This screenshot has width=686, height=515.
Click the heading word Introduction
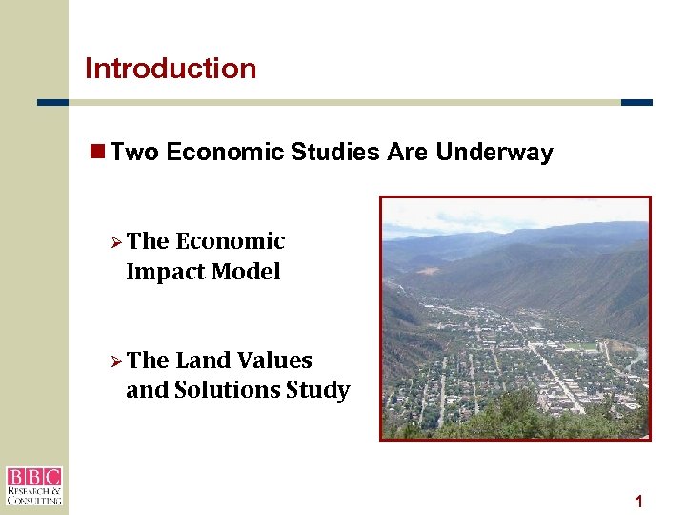(x=171, y=69)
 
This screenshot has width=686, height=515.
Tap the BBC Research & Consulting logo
(x=33, y=485)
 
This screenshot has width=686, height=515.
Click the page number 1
(x=638, y=502)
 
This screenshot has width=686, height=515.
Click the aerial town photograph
(x=514, y=318)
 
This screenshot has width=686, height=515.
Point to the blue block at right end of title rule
(x=636, y=102)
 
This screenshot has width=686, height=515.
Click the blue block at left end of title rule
(x=52, y=102)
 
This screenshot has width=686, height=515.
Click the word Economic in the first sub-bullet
(x=231, y=242)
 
